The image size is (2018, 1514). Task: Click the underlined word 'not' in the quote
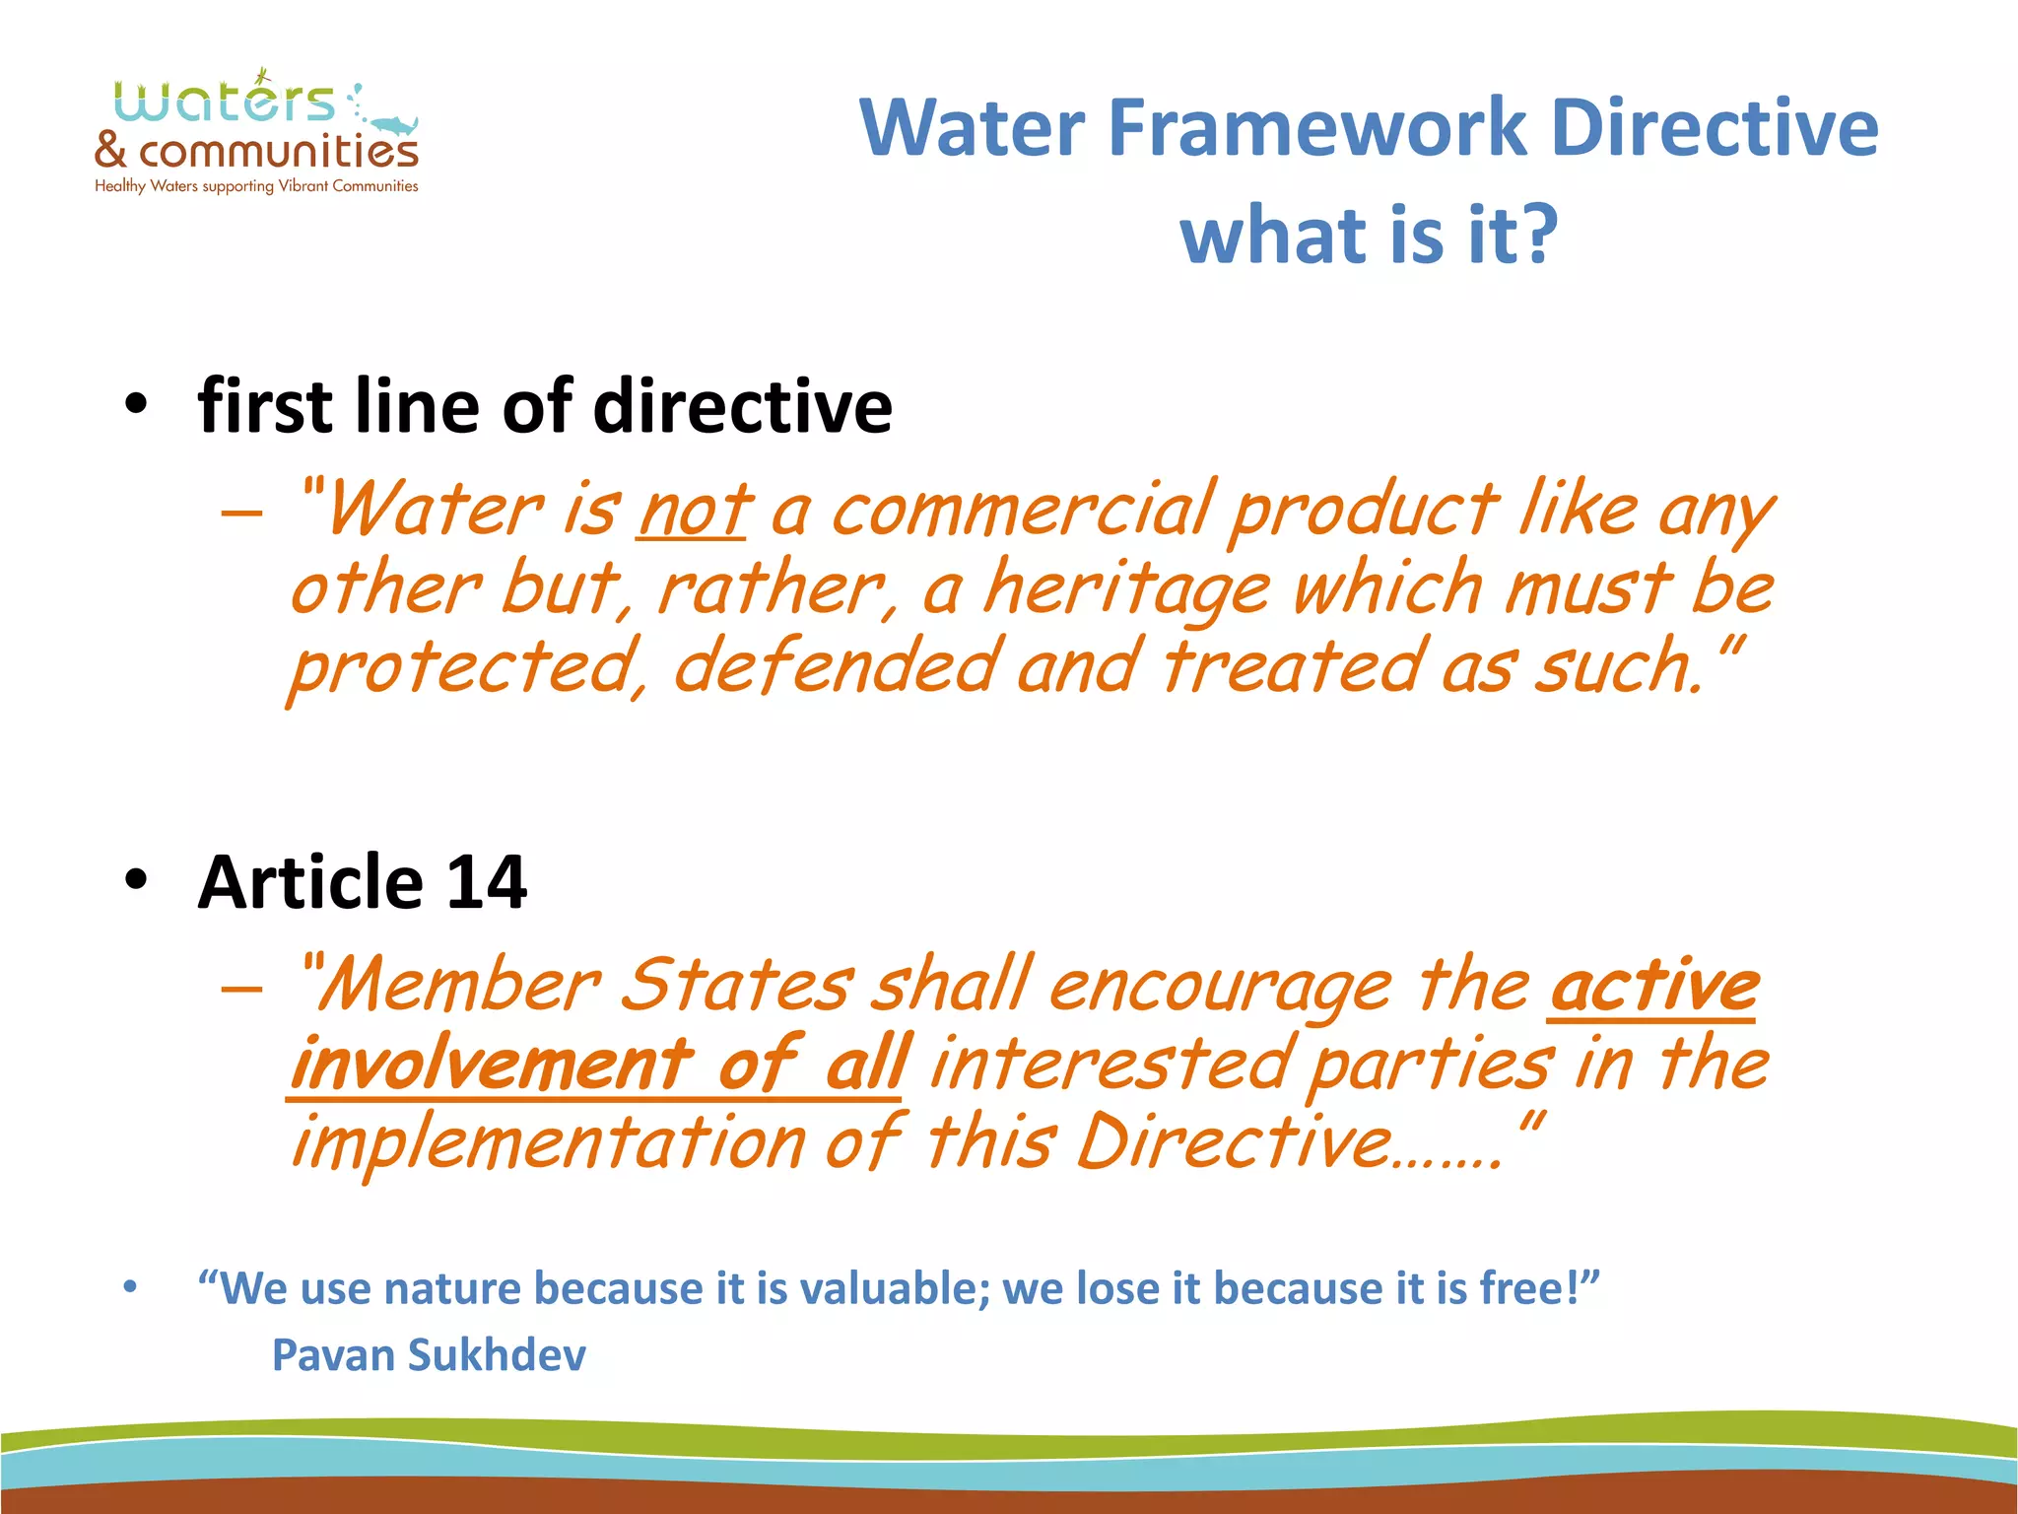pyautogui.click(x=695, y=512)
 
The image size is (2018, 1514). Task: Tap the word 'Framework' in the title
pyautogui.click(x=1315, y=128)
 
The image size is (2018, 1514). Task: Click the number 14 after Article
pyautogui.click(x=487, y=881)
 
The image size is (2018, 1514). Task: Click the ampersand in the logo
pyautogui.click(x=111, y=150)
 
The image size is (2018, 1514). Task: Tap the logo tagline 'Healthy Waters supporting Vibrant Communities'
pyautogui.click(x=256, y=186)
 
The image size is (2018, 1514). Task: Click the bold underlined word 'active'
pyautogui.click(x=1653, y=987)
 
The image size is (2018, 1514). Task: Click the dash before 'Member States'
pyautogui.click(x=242, y=989)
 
